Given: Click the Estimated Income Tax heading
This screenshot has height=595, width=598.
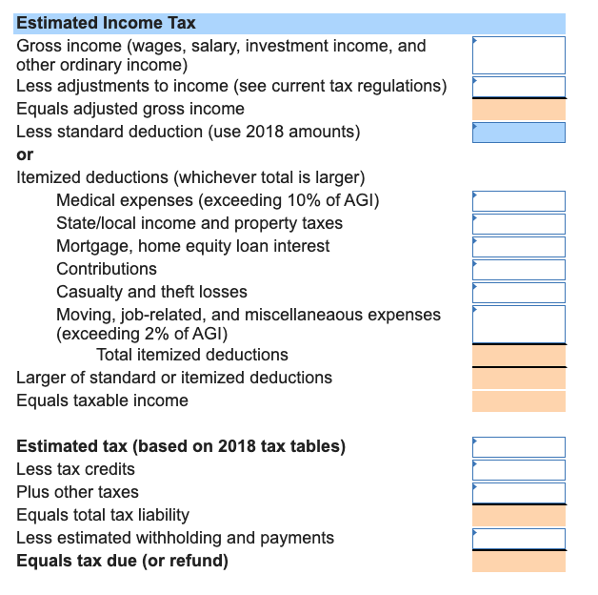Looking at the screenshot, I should pos(106,23).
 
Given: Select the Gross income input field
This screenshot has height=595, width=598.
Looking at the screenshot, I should pos(518,55).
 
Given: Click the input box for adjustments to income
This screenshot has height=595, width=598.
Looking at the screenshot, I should pos(518,86).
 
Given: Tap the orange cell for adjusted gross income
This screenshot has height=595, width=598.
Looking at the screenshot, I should pos(518,109).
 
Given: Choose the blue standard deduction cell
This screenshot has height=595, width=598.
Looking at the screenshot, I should pos(518,132).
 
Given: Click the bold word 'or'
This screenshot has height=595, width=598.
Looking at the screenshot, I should pos(25,154).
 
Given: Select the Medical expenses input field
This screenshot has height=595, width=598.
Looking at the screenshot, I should pos(518,200).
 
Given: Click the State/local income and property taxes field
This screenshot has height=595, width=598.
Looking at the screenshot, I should pos(518,223).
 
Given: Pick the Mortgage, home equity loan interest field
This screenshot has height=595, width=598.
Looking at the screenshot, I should pos(518,246).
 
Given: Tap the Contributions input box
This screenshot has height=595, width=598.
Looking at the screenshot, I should pos(518,269).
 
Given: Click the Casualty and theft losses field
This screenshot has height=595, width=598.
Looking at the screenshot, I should pos(518,292).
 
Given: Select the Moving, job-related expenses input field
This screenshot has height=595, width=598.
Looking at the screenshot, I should pos(518,323).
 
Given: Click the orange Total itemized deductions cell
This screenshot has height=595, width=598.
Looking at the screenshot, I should pos(518,355).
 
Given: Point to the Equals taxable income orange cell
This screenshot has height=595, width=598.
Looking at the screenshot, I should pos(518,400).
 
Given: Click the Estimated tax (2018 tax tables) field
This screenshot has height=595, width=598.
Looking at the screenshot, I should pos(518,446).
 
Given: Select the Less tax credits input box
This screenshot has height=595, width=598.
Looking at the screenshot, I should pos(518,469).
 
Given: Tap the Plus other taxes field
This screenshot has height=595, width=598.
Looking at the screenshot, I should pos(518,492).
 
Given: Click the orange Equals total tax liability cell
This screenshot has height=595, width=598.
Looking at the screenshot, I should pos(518,515).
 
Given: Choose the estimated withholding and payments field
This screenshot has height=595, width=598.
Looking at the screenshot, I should pos(518,538).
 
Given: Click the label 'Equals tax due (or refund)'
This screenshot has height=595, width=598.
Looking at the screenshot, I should pos(122,561).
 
